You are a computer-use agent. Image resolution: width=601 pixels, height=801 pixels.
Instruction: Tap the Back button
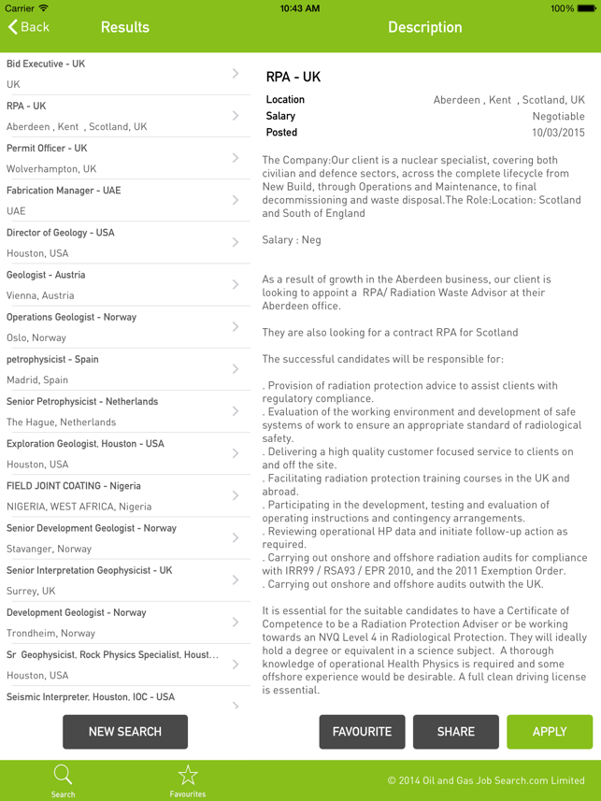tap(28, 27)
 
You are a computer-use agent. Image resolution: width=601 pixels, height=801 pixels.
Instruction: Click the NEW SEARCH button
tap(125, 732)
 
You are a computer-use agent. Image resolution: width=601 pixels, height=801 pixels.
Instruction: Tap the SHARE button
tap(455, 732)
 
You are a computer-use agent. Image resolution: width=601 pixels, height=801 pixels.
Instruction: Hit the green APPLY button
tap(550, 732)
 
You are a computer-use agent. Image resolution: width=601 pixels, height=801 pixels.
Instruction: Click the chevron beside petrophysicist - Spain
tap(236, 369)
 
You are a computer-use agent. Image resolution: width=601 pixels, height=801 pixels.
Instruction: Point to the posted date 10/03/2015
tap(558, 133)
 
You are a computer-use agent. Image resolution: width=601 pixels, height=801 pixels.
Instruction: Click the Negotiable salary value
tap(558, 116)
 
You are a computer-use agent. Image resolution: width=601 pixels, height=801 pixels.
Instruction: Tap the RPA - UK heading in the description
tap(293, 78)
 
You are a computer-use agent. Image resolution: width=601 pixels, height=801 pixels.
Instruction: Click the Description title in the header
tap(424, 27)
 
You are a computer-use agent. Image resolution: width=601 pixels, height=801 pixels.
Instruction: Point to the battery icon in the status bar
tap(587, 8)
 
